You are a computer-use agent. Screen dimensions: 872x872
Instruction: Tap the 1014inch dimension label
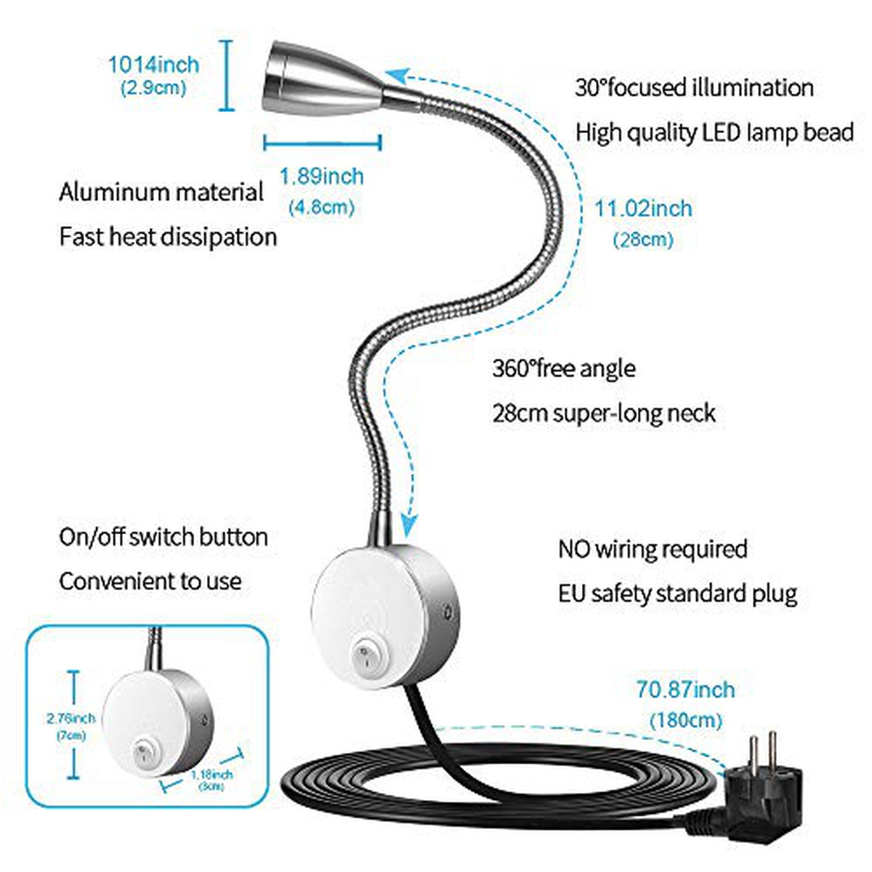pos(153,65)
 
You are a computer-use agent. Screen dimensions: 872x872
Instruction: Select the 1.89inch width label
pos(321,177)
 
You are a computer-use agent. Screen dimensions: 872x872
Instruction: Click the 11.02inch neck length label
pos(643,209)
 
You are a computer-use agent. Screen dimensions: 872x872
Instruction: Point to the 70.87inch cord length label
pos(685,690)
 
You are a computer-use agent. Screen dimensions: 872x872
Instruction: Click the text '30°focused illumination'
pos(694,88)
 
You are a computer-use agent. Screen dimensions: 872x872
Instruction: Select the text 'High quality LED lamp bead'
pos(714,133)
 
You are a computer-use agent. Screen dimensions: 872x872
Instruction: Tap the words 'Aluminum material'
pos(161,193)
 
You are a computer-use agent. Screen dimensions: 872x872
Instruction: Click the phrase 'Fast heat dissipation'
pos(168,238)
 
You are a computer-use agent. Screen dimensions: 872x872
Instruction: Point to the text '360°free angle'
pos(563,368)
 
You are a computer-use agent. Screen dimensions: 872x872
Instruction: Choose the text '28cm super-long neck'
pos(604,413)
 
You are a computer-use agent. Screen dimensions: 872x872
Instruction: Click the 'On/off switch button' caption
pos(163,538)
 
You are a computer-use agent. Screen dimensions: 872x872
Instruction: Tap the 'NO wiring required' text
pos(653,549)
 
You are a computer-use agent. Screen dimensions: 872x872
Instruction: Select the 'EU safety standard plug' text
pos(677,594)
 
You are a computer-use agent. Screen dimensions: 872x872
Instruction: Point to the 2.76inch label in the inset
pos(70,719)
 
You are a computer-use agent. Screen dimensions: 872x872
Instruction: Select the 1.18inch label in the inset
pos(211,775)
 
